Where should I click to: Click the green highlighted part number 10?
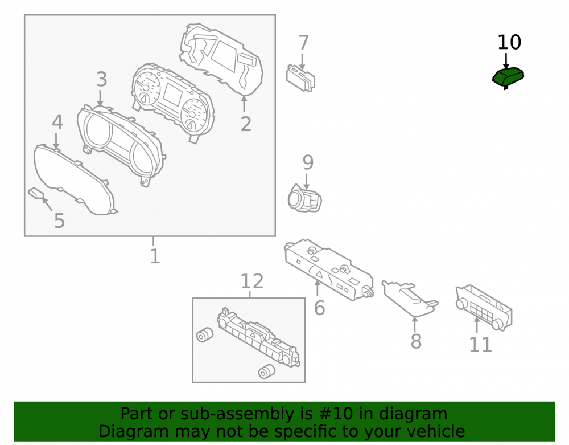(508, 77)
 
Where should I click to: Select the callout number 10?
(509, 43)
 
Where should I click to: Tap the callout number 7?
(303, 43)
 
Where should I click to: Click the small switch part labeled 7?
(300, 78)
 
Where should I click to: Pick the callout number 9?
(308, 162)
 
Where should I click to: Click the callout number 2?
(246, 124)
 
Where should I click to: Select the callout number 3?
(102, 79)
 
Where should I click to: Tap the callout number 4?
(57, 122)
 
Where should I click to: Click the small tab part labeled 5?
(36, 193)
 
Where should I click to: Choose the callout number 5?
(59, 221)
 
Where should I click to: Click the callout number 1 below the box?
(155, 256)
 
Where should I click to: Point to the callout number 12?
(252, 281)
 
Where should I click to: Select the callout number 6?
(319, 308)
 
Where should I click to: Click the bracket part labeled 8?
(410, 296)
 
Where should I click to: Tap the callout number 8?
(416, 341)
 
